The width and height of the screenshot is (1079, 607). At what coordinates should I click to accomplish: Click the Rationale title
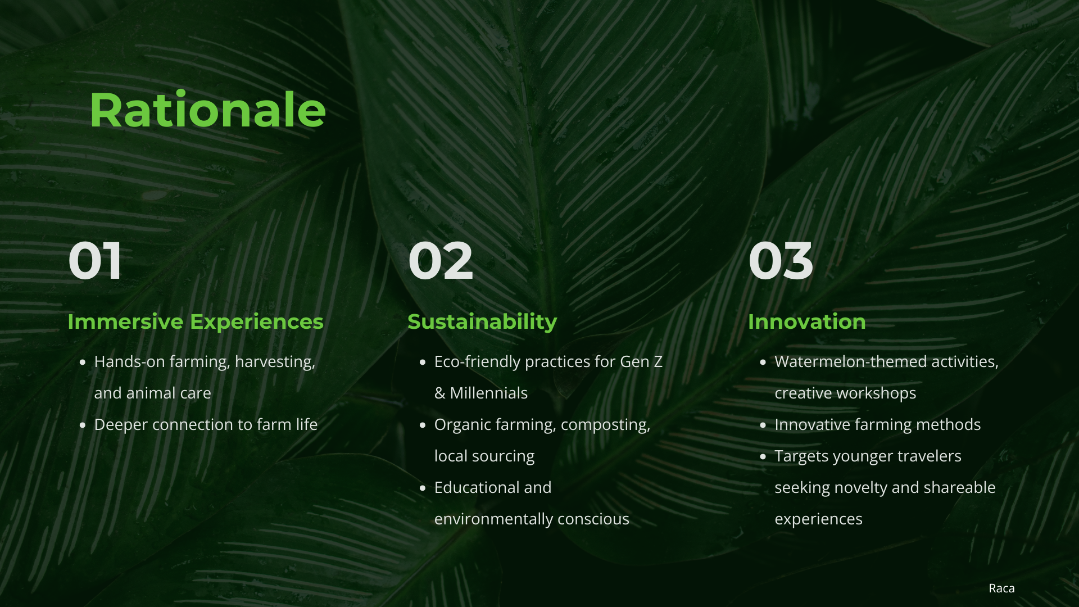[208, 110]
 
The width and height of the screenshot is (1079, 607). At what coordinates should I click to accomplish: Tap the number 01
[95, 260]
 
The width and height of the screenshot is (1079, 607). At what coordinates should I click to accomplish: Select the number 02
[441, 260]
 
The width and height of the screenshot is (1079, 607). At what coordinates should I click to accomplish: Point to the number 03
[781, 260]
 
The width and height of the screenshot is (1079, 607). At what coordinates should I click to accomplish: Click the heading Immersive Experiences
[196, 322]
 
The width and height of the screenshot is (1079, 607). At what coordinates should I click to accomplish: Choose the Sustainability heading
[482, 322]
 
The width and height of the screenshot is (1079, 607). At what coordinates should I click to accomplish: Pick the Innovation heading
[806, 321]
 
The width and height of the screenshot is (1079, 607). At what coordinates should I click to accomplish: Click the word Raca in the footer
[1001, 588]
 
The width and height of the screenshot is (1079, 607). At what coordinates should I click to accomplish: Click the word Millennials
[489, 393]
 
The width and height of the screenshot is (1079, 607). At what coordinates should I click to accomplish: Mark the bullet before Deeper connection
[83, 425]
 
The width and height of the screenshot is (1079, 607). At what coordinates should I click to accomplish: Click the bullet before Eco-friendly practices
[423, 362]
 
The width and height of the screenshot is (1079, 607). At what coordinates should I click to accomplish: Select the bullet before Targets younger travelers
[763, 456]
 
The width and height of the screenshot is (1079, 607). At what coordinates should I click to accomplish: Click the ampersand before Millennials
[439, 393]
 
